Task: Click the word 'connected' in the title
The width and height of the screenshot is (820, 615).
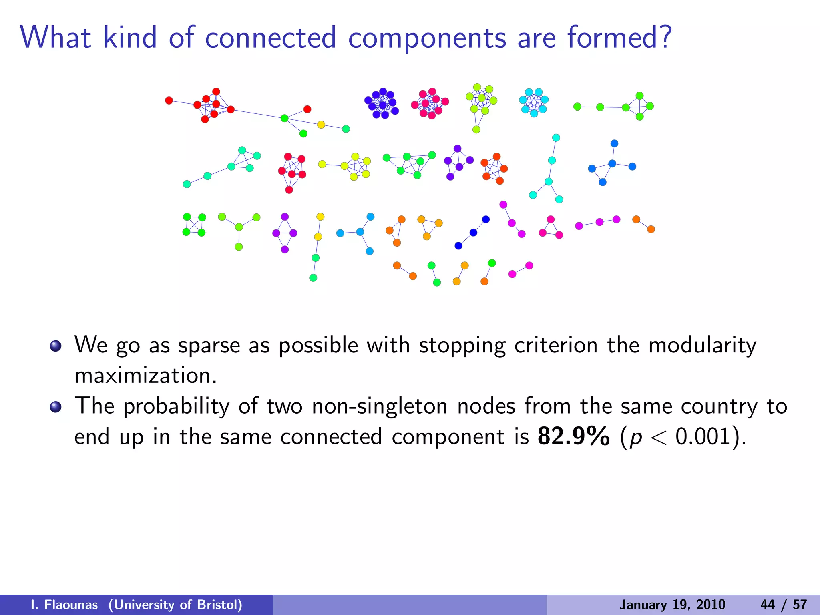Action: (x=270, y=38)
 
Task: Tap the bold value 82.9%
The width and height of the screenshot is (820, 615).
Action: (x=573, y=436)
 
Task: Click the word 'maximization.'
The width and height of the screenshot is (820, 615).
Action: (x=146, y=376)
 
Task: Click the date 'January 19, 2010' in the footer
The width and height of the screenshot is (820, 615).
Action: (x=672, y=605)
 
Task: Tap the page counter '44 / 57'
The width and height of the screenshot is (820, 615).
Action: (x=784, y=605)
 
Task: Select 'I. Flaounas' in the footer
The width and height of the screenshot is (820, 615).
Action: (x=64, y=605)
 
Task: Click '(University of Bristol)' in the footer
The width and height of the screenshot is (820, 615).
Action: (x=175, y=605)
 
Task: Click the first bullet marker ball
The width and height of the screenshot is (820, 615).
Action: (x=56, y=346)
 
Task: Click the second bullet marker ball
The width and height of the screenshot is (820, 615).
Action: (x=56, y=407)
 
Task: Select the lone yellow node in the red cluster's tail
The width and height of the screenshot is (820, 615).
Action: (x=321, y=125)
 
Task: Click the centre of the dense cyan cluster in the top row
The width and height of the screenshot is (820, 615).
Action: (x=534, y=103)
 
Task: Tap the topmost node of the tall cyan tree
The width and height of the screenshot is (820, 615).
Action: (x=556, y=138)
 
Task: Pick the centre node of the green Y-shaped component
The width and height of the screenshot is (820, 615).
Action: (x=239, y=227)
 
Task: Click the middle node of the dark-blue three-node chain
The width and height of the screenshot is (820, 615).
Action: (x=473, y=233)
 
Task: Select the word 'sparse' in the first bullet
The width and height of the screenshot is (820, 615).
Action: (x=209, y=345)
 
